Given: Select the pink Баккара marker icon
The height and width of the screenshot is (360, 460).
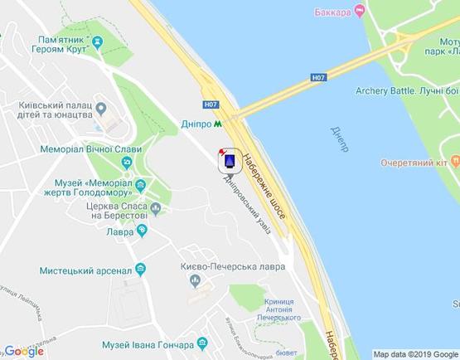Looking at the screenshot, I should tap(359, 11).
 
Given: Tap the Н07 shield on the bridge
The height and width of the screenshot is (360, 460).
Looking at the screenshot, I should tap(319, 77).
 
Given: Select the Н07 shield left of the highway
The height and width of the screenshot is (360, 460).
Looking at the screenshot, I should tap(211, 105).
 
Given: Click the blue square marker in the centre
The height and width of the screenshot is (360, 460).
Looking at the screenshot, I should tap(230, 159).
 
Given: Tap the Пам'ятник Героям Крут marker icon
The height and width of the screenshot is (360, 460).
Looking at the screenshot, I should tap(98, 41).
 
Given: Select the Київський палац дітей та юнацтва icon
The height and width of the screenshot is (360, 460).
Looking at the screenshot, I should tap(101, 108).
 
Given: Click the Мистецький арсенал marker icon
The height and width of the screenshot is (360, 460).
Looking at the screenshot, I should tap(140, 269).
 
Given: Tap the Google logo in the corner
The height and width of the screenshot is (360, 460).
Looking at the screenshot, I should tap(24, 351).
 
